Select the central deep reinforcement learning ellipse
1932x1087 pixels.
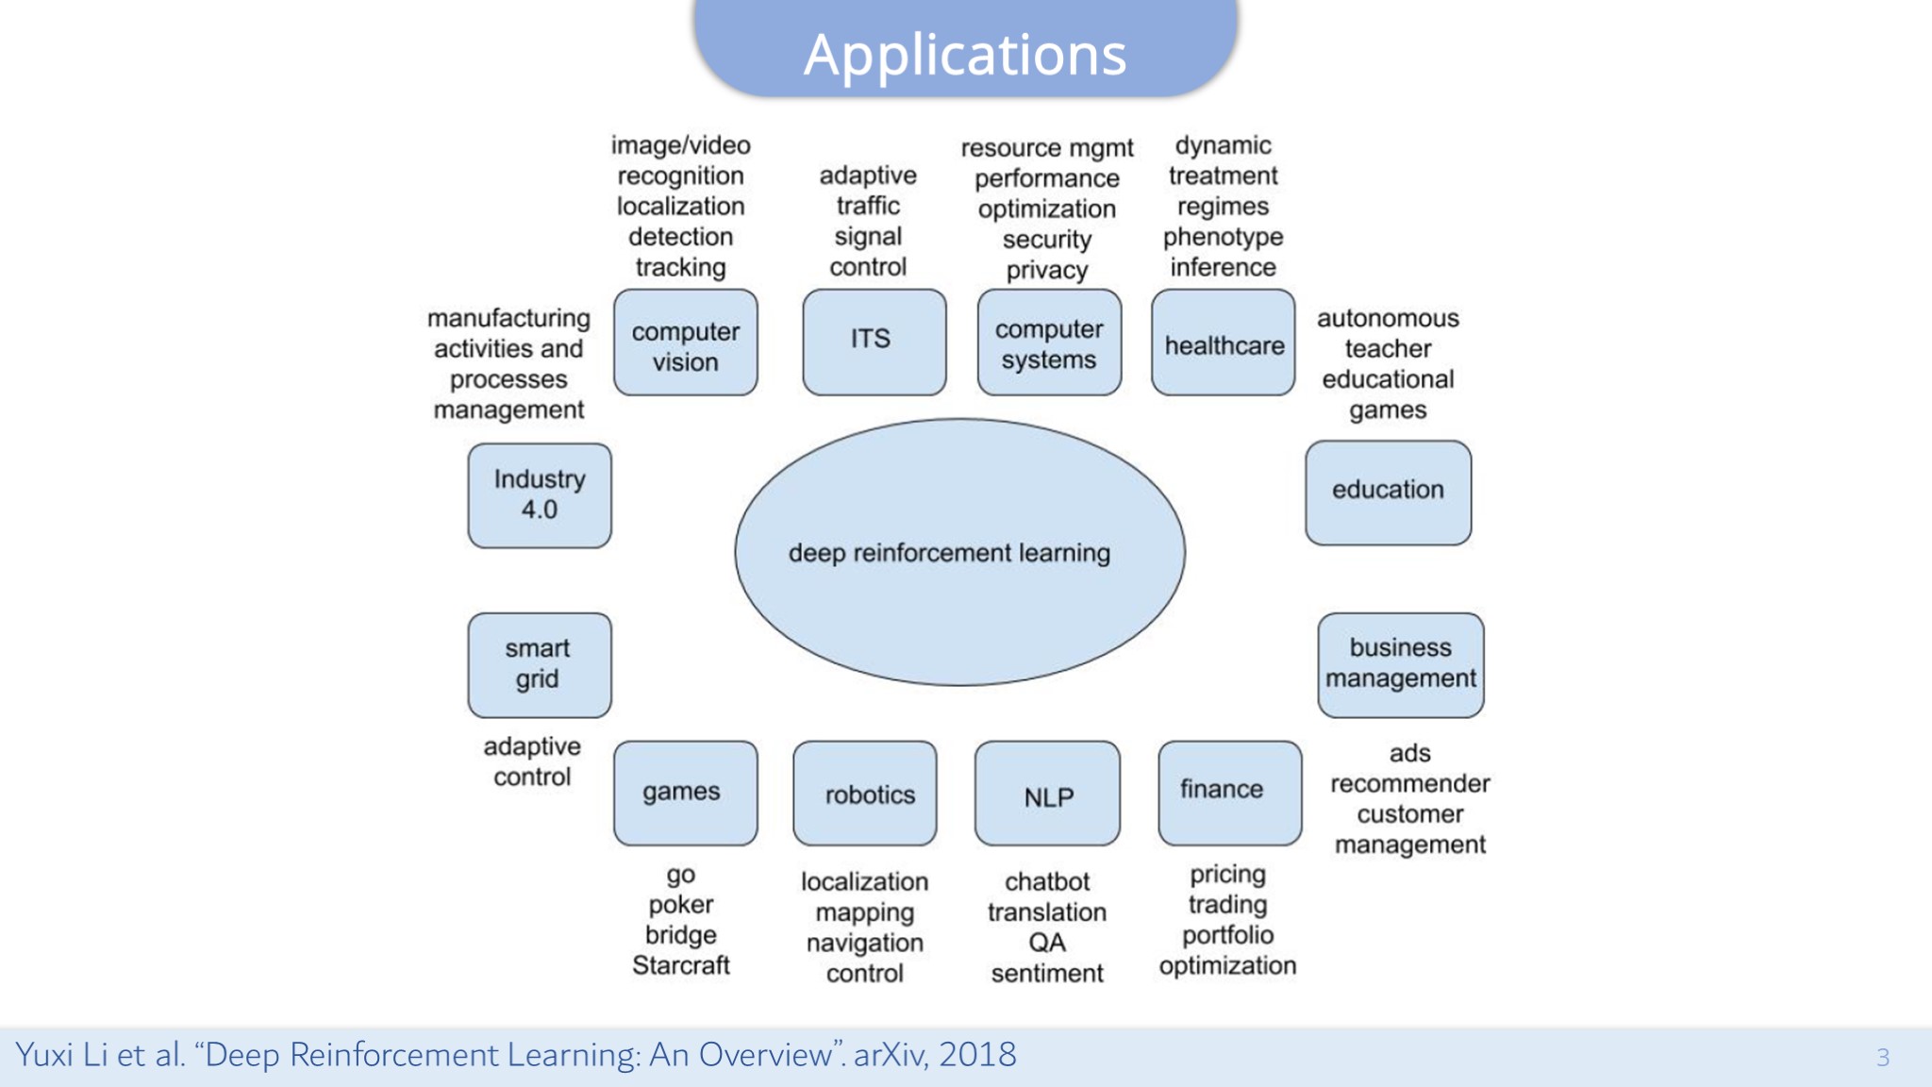[959, 552]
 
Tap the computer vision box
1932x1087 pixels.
[686, 343]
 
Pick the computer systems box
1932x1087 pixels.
[1049, 343]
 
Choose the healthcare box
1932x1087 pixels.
[1223, 343]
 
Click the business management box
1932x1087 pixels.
[1400, 664]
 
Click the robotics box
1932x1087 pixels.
[865, 794]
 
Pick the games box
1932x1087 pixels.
[685, 793]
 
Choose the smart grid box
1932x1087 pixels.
[540, 664]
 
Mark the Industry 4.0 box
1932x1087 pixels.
[540, 495]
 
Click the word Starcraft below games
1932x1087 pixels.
[680, 965]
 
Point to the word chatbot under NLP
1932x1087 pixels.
[1047, 881]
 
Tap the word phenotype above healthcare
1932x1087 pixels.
[1223, 237]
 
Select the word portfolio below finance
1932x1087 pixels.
[1227, 935]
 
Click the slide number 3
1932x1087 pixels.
[1882, 1057]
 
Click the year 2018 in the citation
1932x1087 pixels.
[977, 1054]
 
